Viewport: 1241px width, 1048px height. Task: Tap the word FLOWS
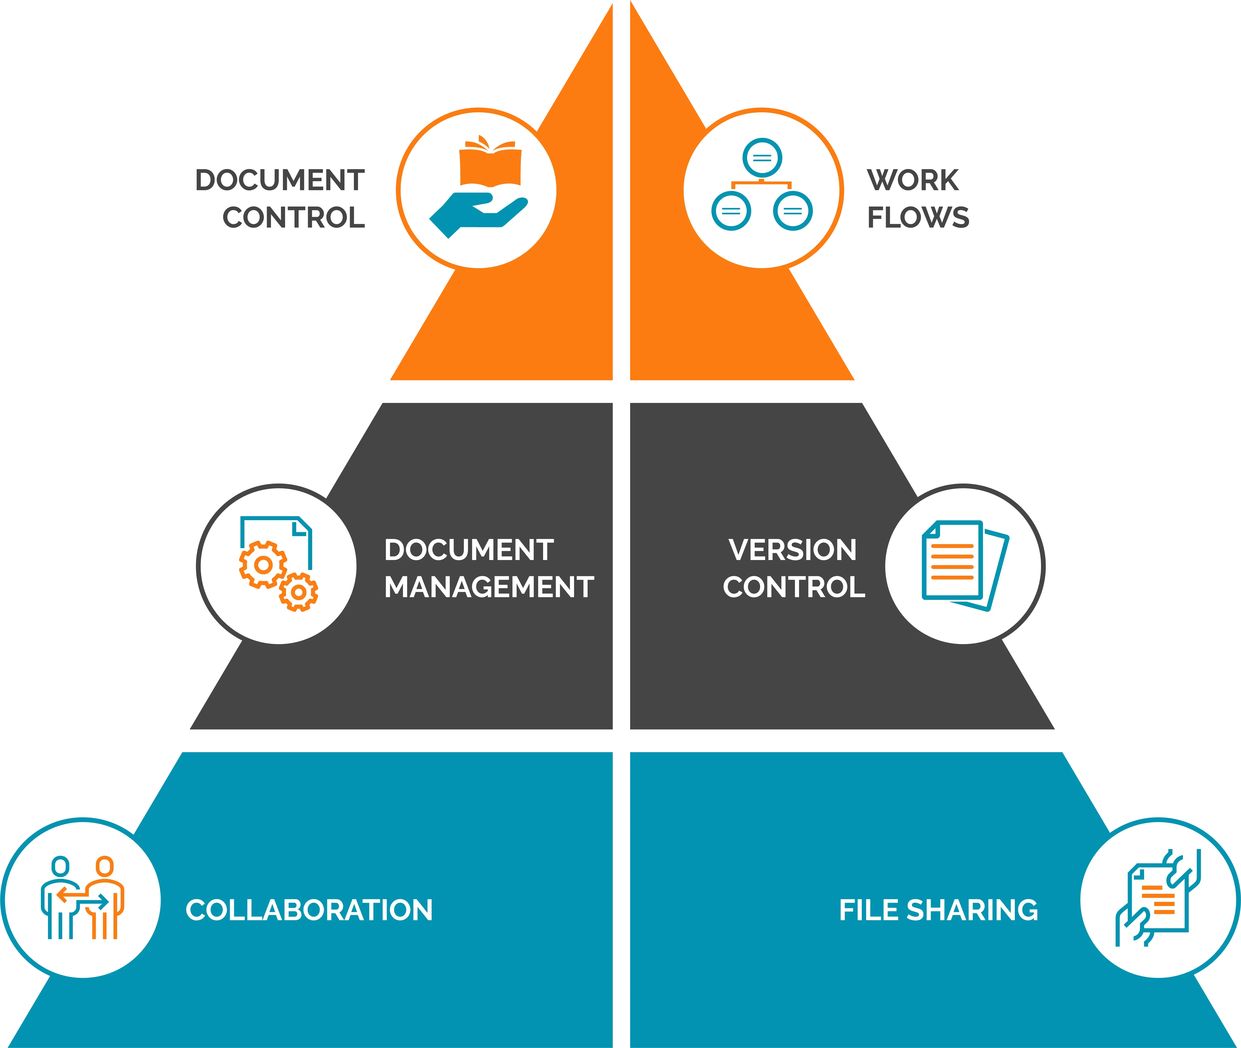coord(918,217)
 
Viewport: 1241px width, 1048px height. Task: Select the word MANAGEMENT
coord(489,587)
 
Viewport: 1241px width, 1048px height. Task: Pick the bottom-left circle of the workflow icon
coord(731,211)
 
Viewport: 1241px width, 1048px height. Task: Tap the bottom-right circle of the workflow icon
coord(793,211)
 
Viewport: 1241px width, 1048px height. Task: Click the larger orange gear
coord(263,564)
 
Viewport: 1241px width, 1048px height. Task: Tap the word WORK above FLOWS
coord(913,180)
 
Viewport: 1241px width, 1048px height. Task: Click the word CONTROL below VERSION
coord(794,587)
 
